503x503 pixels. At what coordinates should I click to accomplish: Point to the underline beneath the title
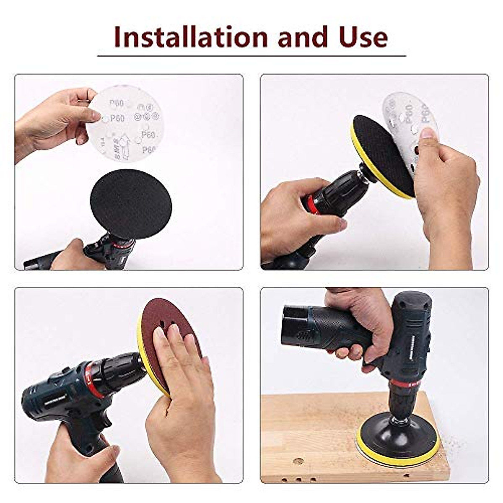point(251,55)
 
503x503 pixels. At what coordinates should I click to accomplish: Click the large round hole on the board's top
point(298,461)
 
